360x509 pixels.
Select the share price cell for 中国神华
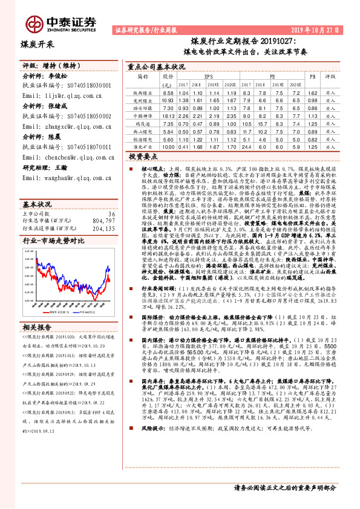tap(168, 115)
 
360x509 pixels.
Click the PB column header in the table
tap(312, 77)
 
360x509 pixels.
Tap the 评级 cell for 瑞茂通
tap(331, 123)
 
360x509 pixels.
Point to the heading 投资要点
tap(143, 156)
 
